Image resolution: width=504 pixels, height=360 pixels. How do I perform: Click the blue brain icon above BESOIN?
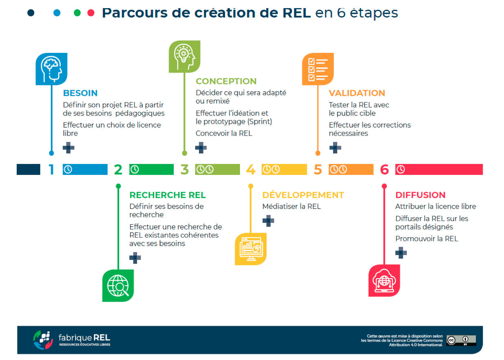click(x=51, y=69)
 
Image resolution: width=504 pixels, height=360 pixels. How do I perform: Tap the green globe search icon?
click(x=118, y=286)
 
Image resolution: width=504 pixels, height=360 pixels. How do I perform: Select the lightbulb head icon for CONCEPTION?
click(x=185, y=57)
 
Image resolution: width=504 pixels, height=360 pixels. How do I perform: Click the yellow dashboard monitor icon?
click(x=251, y=249)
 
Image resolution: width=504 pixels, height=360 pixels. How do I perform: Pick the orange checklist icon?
click(x=318, y=69)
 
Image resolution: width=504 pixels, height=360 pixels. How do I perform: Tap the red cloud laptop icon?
click(x=384, y=281)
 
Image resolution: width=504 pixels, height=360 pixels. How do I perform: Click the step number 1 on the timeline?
click(x=51, y=170)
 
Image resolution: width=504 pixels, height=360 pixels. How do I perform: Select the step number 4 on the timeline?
click(x=251, y=170)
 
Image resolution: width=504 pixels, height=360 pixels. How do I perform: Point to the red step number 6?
click(x=384, y=170)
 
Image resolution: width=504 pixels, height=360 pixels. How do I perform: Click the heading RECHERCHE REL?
click(x=168, y=195)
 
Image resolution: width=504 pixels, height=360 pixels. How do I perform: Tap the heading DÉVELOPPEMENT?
click(x=303, y=195)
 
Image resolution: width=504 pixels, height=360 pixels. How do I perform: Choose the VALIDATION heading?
click(x=357, y=93)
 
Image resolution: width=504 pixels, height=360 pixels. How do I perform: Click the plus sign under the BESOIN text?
click(x=68, y=148)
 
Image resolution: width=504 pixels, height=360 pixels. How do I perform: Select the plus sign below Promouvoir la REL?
click(x=401, y=253)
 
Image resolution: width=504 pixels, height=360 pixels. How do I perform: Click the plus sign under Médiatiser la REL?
click(x=268, y=220)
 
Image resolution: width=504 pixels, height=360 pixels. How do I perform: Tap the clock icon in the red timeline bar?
click(x=401, y=170)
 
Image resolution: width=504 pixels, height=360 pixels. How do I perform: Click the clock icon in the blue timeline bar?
click(x=68, y=170)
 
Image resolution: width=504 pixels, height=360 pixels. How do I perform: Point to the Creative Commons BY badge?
click(x=461, y=340)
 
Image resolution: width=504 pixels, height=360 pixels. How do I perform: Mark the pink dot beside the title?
click(x=91, y=13)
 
